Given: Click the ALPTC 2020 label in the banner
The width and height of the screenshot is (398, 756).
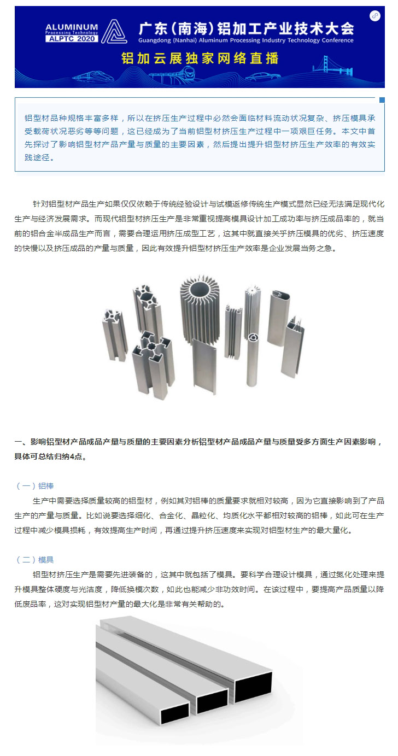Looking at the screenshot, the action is (x=72, y=38).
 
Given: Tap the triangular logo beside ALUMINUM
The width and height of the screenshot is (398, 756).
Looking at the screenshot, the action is (x=114, y=31).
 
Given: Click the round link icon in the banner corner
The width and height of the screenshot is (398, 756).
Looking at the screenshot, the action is (x=374, y=16).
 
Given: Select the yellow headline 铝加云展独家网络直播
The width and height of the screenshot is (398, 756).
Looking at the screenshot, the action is (x=200, y=58).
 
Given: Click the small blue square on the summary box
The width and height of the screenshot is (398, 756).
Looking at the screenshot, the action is (x=382, y=100).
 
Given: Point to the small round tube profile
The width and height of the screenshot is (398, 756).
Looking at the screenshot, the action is (x=252, y=360).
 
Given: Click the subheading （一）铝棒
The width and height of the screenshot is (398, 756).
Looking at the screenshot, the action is (x=35, y=486).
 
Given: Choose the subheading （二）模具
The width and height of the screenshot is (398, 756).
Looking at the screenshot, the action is (x=35, y=560).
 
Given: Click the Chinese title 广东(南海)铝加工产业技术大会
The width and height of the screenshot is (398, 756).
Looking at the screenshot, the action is (x=247, y=28).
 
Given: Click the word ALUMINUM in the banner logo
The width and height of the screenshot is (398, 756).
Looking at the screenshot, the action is (x=72, y=27).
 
